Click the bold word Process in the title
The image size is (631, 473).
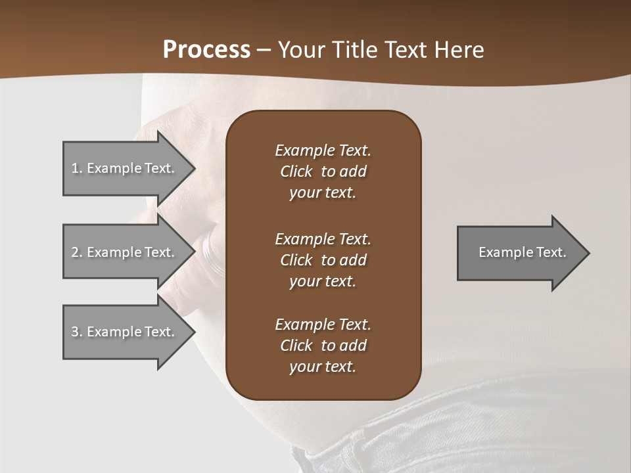point(206,50)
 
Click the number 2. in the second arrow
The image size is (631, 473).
point(77,252)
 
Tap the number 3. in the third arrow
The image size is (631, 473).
point(77,332)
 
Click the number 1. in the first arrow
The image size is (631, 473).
point(77,168)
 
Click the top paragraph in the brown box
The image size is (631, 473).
point(323,171)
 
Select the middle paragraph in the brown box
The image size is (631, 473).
point(323,260)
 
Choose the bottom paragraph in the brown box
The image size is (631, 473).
point(323,346)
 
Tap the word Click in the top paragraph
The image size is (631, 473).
point(296,171)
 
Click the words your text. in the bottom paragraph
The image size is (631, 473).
point(323,367)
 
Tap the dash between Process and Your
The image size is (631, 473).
point(264,51)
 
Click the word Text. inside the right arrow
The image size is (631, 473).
point(551,252)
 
